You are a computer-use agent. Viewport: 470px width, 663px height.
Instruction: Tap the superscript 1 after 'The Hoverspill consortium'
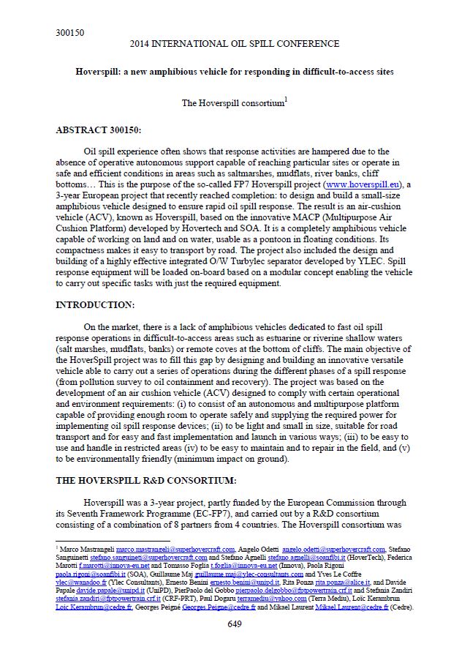(285, 100)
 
